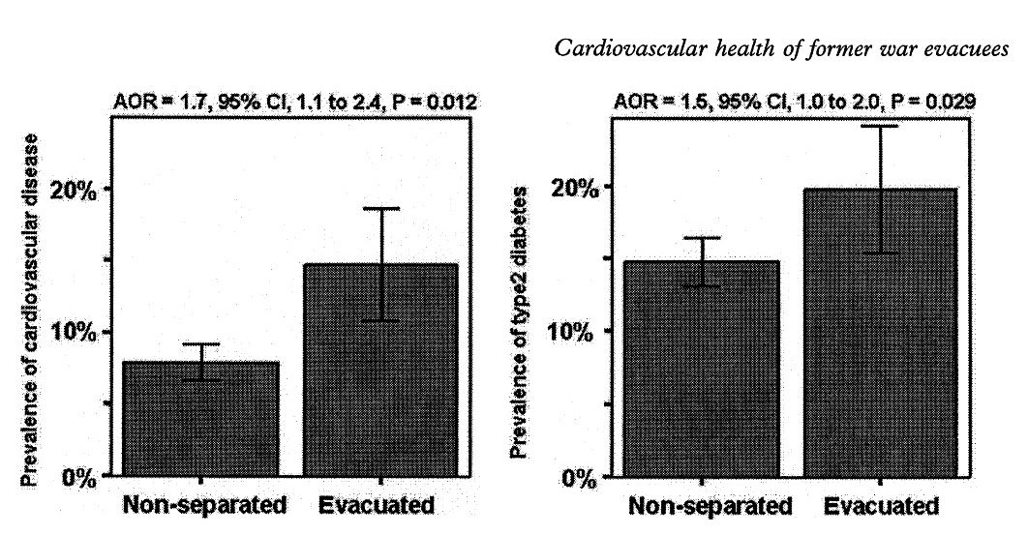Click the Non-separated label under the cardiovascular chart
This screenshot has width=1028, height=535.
205,505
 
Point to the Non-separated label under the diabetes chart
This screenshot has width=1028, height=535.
710,506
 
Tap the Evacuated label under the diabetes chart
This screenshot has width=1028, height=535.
882,506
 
